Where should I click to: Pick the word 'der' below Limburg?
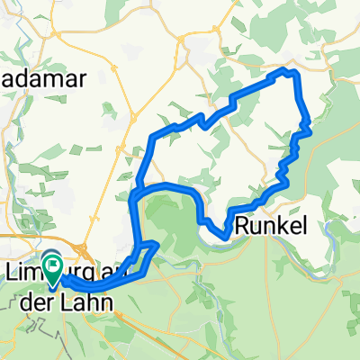point(35,303)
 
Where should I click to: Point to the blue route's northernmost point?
point(288,69)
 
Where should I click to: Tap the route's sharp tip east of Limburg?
point(157,243)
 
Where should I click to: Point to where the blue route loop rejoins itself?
point(136,194)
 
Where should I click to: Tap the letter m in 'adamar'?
point(52,77)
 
